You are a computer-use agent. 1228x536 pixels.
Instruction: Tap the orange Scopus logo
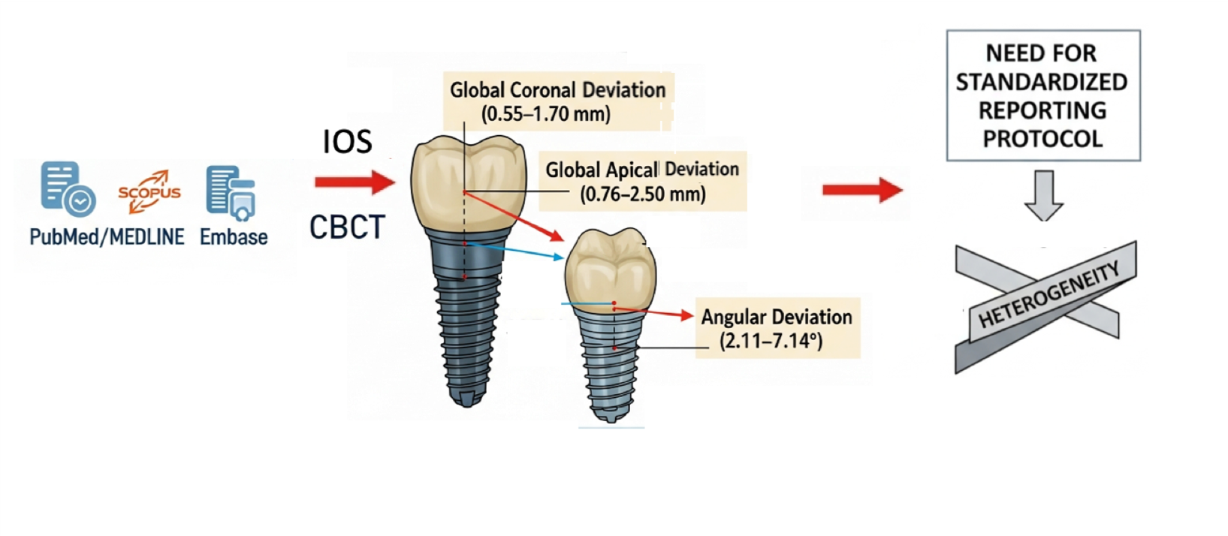[149, 191]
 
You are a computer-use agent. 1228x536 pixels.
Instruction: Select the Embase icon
[231, 192]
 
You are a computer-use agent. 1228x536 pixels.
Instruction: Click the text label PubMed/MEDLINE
[107, 237]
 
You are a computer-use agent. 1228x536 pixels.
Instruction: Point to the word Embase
[234, 237]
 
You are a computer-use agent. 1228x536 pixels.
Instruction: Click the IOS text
[347, 141]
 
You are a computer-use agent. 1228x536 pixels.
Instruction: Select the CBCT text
[347, 227]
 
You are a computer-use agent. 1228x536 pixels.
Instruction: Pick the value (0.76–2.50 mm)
[643, 194]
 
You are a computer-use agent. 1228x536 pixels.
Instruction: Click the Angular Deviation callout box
[777, 328]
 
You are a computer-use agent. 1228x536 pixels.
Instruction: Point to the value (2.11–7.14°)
[771, 341]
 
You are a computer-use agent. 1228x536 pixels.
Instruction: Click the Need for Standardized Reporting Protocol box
[1042, 95]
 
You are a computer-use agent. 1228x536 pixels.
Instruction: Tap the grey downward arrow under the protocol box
[1043, 194]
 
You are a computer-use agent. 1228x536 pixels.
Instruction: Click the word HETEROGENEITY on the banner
[1048, 294]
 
